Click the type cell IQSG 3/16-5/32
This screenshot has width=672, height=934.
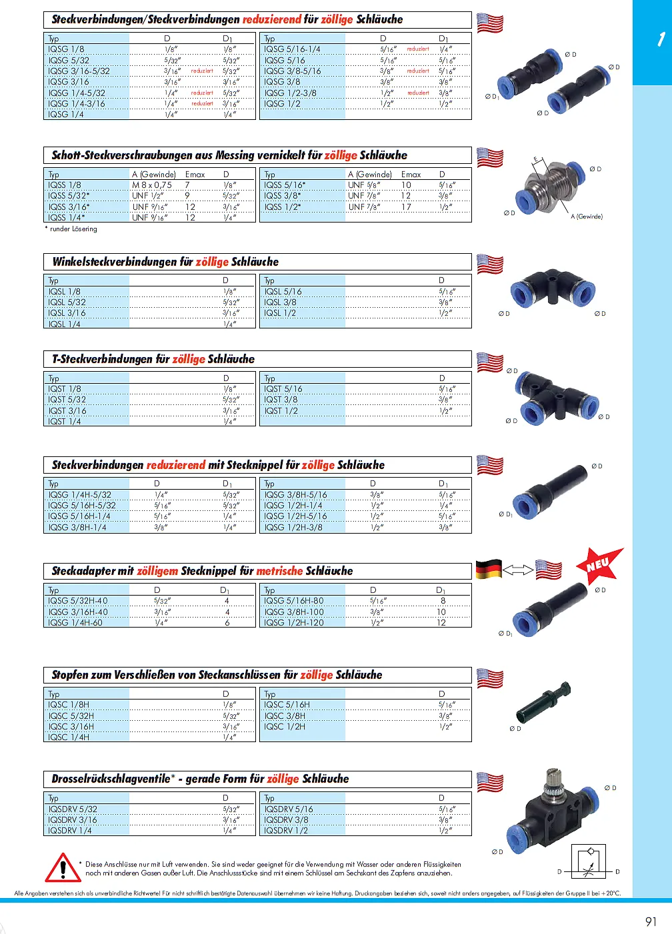tap(79, 71)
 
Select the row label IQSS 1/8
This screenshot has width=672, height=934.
tap(65, 185)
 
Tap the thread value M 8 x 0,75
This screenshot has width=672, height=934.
tap(151, 185)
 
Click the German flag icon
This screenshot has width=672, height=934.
tap(489, 570)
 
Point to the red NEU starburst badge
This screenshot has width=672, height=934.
tap(599, 565)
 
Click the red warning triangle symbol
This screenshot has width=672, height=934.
tap(63, 868)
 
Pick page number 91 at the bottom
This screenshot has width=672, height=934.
tap(651, 921)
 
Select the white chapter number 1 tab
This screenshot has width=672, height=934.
tap(660, 40)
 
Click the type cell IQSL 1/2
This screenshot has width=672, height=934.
tap(280, 313)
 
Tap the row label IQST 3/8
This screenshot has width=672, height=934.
tap(281, 400)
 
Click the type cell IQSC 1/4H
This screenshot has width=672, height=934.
tap(69, 737)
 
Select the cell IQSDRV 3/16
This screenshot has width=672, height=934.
tap(73, 820)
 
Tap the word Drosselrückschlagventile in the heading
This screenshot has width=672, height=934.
tap(111, 779)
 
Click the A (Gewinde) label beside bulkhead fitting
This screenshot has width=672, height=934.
tap(587, 217)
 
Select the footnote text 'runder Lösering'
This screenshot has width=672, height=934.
tap(73, 229)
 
